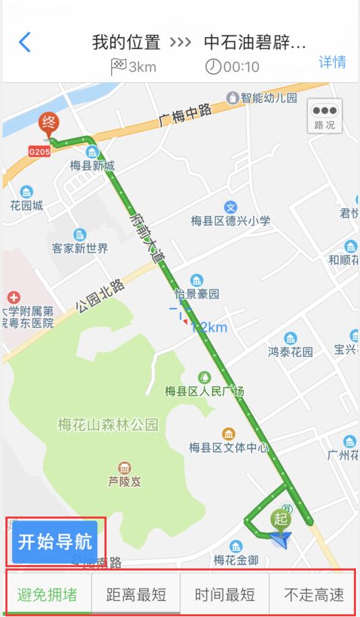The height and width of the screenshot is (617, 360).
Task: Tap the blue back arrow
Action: point(25,42)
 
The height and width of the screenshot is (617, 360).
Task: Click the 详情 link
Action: point(332,62)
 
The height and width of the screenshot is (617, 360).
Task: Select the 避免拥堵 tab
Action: point(47,595)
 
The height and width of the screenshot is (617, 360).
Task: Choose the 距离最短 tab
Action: point(136,595)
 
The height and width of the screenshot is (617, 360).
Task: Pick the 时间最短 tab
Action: point(225,595)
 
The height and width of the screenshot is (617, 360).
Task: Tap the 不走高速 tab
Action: point(313,595)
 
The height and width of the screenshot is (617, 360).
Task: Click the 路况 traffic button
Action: point(324,116)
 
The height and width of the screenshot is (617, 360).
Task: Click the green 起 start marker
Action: point(281,519)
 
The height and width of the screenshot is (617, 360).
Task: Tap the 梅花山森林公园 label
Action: point(108,425)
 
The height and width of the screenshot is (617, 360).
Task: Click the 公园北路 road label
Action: point(100,296)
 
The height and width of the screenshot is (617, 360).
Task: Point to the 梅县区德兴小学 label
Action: point(231,221)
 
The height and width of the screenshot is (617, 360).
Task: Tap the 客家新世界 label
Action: point(80,248)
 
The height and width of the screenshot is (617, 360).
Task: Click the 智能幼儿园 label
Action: point(269,98)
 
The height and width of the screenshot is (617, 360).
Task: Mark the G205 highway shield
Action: point(39,152)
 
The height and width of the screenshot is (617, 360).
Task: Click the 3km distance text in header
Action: point(142,67)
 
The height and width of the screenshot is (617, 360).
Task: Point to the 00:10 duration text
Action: point(241,67)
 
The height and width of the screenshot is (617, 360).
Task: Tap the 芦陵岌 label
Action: point(124,482)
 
